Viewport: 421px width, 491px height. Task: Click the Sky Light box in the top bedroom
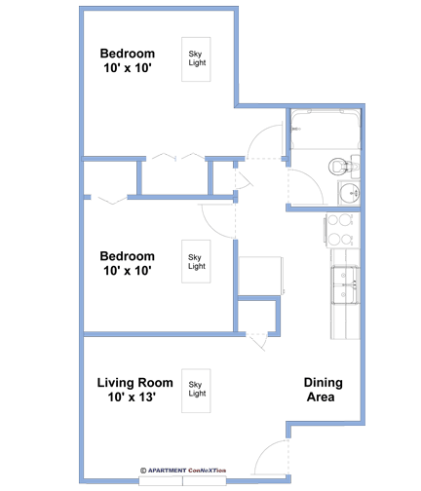196,59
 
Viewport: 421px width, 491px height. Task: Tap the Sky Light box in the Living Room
196,391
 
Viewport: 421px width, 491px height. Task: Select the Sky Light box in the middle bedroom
196,261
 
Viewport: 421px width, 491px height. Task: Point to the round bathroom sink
349,193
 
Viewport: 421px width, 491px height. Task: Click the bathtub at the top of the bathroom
325,129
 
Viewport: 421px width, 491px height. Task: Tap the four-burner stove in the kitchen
342,230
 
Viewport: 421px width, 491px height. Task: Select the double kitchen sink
345,284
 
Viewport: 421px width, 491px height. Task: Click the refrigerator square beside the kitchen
261,276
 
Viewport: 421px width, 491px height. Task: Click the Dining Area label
323,390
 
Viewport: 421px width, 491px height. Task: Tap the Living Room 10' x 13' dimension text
132,397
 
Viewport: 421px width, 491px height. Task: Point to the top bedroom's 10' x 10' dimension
128,68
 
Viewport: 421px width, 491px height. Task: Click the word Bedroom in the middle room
127,256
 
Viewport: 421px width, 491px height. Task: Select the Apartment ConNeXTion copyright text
183,471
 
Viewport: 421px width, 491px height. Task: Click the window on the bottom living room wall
182,480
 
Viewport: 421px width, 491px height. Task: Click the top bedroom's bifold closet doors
175,156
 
